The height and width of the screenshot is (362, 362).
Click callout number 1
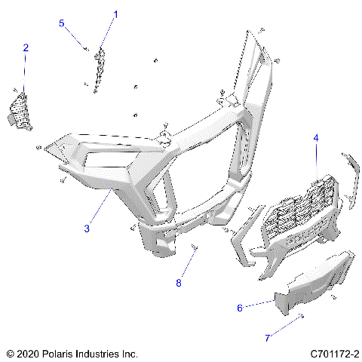coord(116,14)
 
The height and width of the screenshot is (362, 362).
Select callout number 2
coord(26,48)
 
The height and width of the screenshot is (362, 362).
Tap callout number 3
coord(87,228)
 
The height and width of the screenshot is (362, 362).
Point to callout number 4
coord(316,138)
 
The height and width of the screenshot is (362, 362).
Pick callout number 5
coord(63,23)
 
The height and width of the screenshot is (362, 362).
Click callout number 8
coord(179,284)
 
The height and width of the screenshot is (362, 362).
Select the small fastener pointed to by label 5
coord(86,49)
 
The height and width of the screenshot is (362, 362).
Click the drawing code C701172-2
coord(333,353)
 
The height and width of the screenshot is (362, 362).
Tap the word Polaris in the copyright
coord(58,353)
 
